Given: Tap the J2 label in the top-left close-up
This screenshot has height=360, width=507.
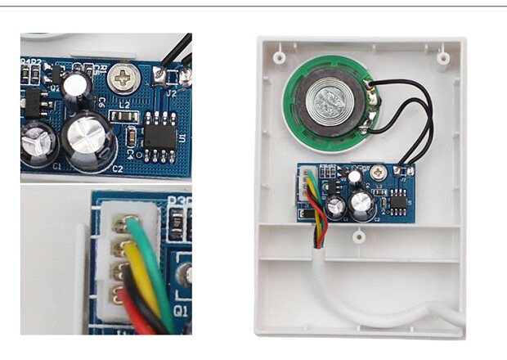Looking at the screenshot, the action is click(x=171, y=92).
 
